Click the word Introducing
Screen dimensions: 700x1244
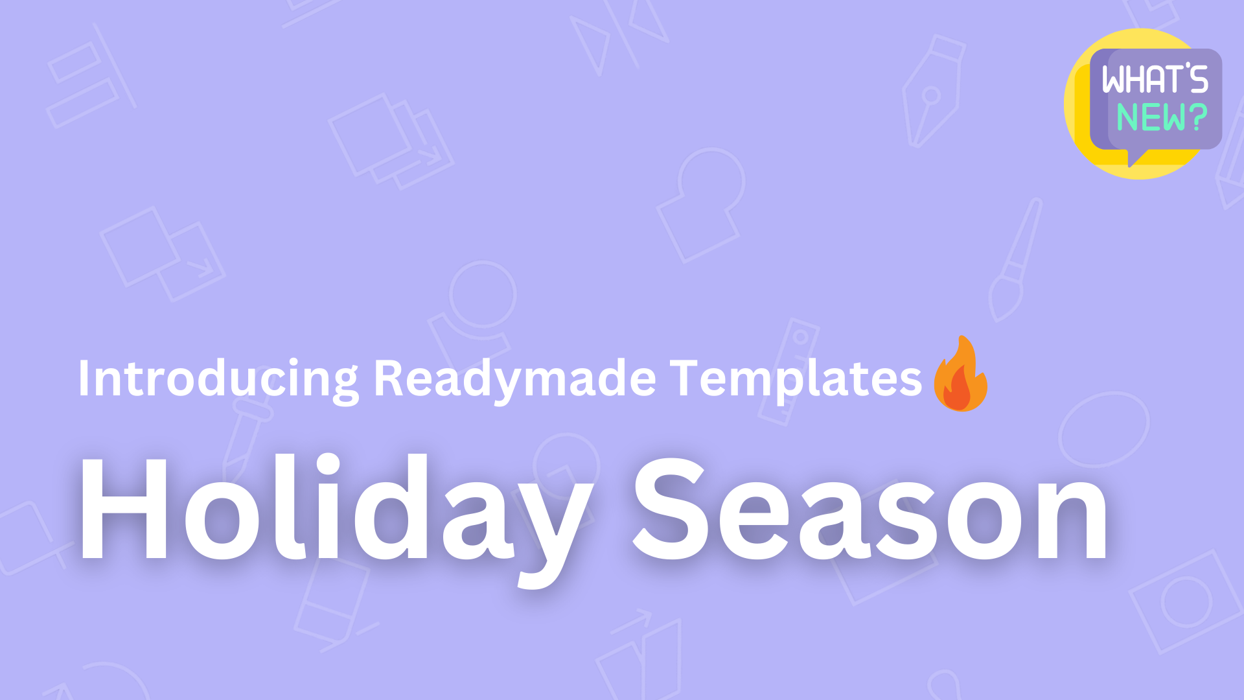click(218, 379)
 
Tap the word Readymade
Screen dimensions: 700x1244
click(515, 379)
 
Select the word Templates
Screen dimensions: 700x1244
click(795, 379)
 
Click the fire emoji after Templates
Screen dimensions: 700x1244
click(960, 375)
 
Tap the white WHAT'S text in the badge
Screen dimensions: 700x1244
click(1155, 80)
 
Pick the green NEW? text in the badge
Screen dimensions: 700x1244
click(1161, 117)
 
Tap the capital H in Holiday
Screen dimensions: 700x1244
click(123, 509)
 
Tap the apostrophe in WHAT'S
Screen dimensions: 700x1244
click(1187, 66)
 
